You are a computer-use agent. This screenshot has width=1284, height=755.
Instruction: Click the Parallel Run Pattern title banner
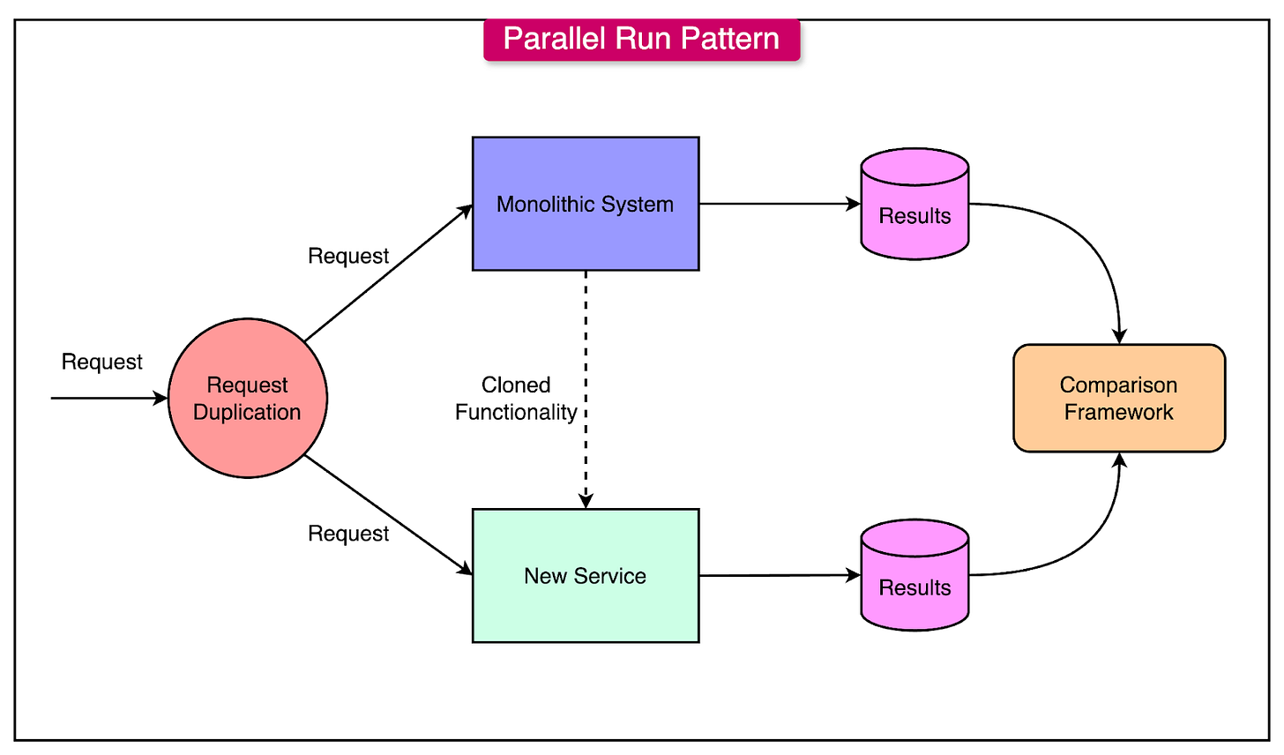641,39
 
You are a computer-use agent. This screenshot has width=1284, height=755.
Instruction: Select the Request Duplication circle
247,399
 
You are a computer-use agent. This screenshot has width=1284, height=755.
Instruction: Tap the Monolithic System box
586,204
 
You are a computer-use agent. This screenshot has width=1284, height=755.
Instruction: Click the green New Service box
586,576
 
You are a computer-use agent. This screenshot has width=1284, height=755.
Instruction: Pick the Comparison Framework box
1118,399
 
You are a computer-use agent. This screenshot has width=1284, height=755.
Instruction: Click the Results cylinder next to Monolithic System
914,205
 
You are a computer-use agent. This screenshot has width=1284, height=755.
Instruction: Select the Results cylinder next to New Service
914,576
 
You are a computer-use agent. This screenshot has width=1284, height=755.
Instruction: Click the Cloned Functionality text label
517,399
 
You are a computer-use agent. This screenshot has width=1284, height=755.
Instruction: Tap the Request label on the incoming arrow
102,363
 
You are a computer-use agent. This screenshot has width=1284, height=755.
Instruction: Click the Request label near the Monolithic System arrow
348,257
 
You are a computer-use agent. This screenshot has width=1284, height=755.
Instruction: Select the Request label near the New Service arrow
348,534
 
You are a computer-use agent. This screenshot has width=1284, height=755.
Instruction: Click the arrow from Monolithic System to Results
776,204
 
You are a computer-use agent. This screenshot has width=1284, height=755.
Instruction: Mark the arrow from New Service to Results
776,576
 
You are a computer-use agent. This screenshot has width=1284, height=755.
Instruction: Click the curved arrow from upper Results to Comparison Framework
1094,247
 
